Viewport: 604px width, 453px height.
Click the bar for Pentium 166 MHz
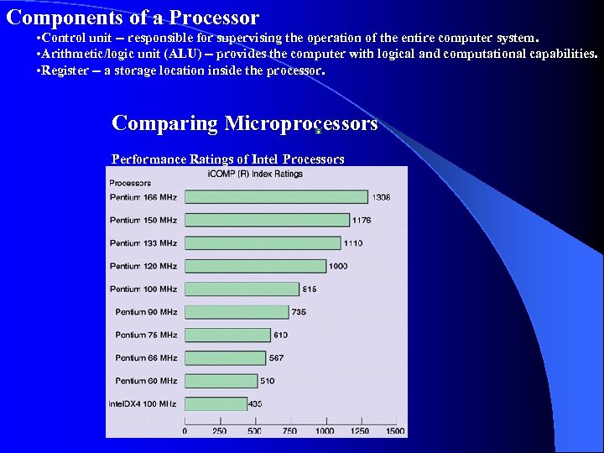pyautogui.click(x=276, y=197)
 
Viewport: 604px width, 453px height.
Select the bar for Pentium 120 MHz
pyautogui.click(x=255, y=266)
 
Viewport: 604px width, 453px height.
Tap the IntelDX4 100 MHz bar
pyautogui.click(x=216, y=404)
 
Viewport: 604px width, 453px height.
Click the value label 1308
pyautogui.click(x=382, y=197)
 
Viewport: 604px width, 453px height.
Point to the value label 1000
pyautogui.click(x=338, y=266)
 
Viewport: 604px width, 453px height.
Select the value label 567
pyautogui.click(x=276, y=358)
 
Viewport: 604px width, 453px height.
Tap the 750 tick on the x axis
pyautogui.click(x=289, y=431)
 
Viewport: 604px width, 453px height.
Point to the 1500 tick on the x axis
pyautogui.click(x=394, y=431)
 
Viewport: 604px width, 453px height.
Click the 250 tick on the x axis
pyautogui.click(x=219, y=431)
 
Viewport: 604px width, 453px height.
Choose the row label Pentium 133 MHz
pyautogui.click(x=143, y=243)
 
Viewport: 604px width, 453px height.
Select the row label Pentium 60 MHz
pyautogui.click(x=147, y=381)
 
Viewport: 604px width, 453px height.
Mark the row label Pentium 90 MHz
pyautogui.click(x=147, y=312)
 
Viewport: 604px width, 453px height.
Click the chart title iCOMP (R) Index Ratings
pyautogui.click(x=255, y=174)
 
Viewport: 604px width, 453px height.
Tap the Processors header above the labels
pyautogui.click(x=130, y=183)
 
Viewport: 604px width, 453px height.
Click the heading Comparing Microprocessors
pyautogui.click(x=244, y=123)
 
